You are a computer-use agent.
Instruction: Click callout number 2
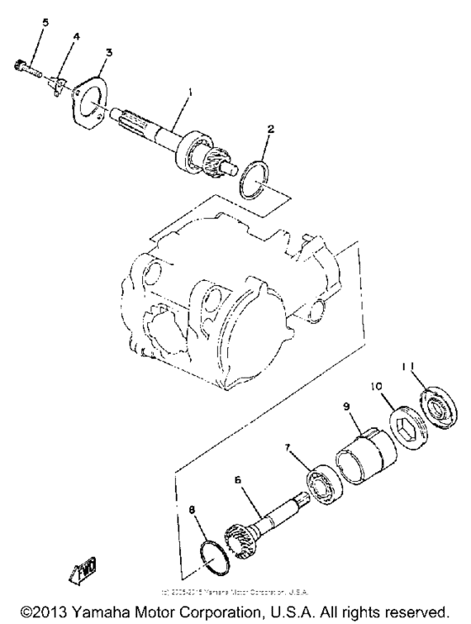pos(271,130)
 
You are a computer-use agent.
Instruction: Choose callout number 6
pos(238,479)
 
